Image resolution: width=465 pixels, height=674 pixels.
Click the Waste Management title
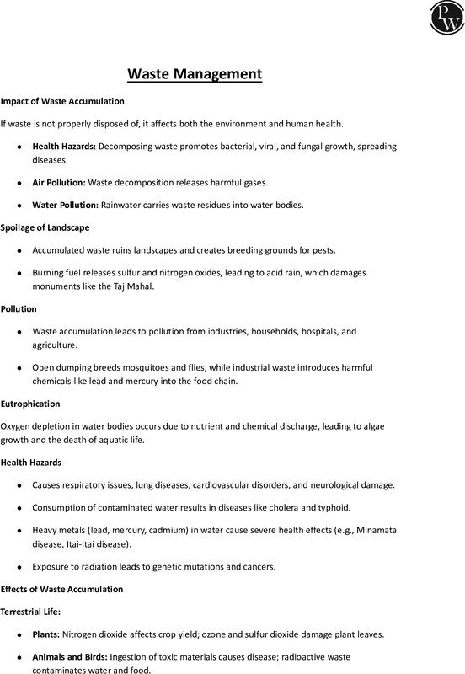195,74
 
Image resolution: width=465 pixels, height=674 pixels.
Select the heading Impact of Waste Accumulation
62,101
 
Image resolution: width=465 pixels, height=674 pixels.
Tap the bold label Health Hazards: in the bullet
65,147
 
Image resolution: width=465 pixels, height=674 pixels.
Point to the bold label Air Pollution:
59,181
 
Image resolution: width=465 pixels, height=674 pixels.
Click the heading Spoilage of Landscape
45,227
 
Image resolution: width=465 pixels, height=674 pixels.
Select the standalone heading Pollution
19,309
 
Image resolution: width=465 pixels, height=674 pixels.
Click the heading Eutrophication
35,402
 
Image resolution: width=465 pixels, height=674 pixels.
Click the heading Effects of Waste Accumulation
61,589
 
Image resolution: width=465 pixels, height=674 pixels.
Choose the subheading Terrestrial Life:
36,611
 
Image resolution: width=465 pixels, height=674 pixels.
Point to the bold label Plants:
46,634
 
